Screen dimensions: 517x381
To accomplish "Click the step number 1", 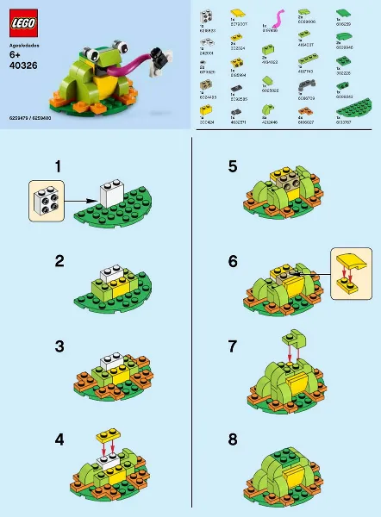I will click(59, 165).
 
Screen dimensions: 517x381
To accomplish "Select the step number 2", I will click(59, 260).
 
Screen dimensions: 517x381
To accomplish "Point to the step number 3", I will click(59, 346).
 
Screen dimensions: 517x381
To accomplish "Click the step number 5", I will click(233, 165).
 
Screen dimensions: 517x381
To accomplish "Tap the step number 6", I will click(233, 260).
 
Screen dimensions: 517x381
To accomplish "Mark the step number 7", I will click(233, 346).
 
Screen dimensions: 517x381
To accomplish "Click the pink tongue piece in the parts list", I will click(278, 18).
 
